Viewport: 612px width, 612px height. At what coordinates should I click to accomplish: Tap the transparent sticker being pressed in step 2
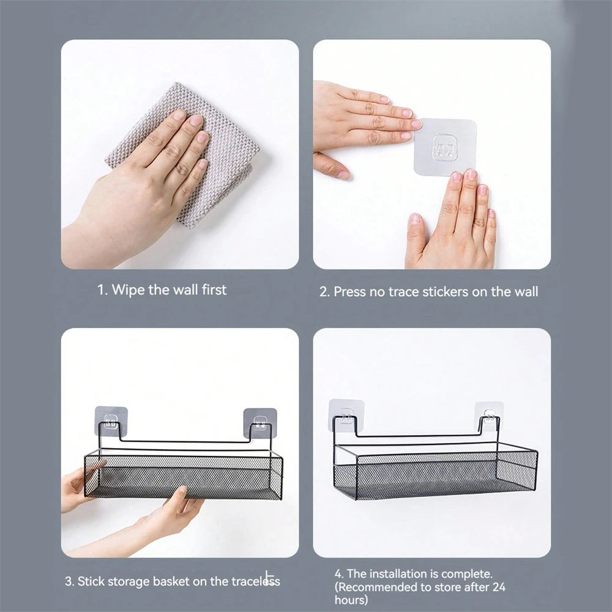point(445,147)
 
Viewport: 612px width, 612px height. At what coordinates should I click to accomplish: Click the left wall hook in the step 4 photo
point(346,416)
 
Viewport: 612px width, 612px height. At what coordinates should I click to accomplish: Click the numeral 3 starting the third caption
point(69,581)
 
